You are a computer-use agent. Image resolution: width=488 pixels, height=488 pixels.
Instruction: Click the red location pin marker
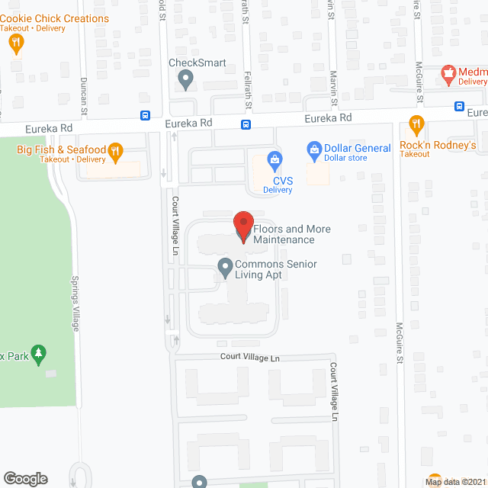[243, 226]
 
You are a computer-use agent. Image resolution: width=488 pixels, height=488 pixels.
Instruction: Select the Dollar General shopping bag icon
[313, 148]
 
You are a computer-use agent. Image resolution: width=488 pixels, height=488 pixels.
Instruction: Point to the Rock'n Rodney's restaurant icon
[416, 124]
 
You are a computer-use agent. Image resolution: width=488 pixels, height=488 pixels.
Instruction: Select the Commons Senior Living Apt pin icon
[225, 268]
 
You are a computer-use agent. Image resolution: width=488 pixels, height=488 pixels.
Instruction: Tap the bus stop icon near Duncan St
[145, 115]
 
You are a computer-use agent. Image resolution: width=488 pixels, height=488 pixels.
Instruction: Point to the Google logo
[25, 478]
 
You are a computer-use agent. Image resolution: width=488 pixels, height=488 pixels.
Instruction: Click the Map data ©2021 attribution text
[454, 481]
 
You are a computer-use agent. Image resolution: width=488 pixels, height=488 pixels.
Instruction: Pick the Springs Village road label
[75, 303]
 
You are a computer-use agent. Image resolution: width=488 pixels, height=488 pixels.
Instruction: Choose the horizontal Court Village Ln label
[250, 357]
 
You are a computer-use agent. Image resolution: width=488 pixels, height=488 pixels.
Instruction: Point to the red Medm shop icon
[449, 74]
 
